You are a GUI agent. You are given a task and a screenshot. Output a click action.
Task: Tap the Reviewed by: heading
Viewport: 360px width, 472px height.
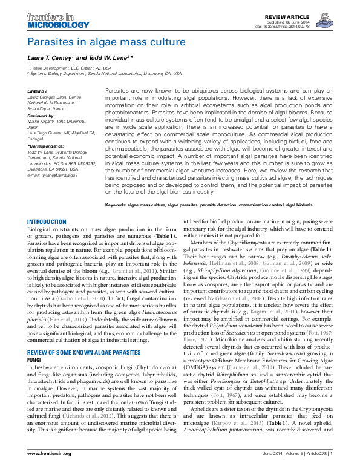[41, 114]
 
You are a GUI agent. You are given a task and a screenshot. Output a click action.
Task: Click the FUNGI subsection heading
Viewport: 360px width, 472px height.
[36, 342]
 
